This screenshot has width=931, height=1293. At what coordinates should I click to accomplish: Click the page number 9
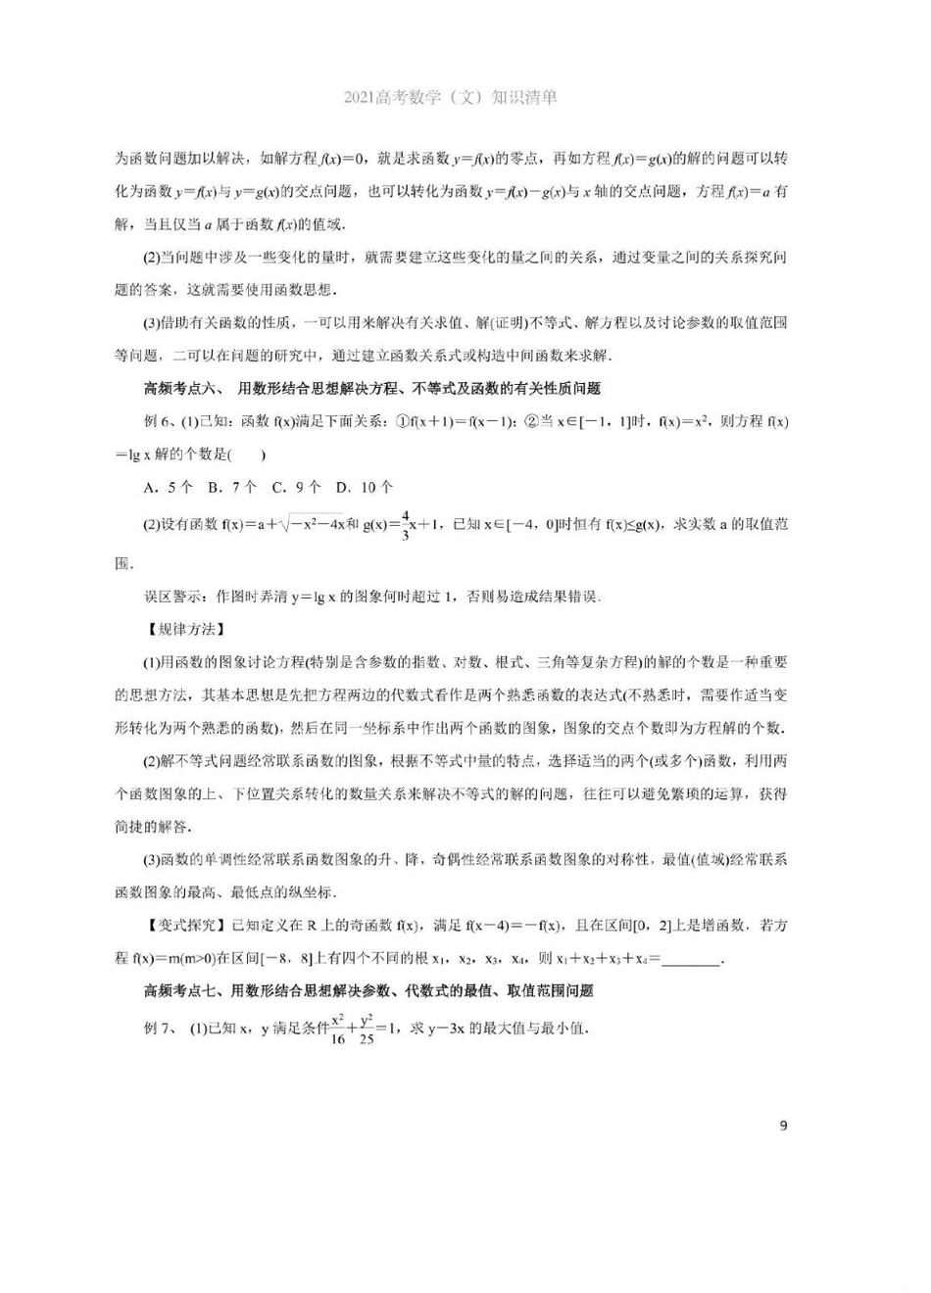(783, 1125)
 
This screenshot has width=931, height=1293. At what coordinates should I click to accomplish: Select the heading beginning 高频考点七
(368, 990)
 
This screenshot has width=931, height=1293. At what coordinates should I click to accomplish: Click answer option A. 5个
(168, 487)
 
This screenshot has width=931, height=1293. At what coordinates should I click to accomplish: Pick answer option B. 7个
(232, 487)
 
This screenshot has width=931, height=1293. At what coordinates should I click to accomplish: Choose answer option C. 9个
(296, 487)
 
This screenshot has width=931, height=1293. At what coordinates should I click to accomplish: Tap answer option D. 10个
(364, 487)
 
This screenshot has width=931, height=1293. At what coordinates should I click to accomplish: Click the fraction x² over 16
(338, 1029)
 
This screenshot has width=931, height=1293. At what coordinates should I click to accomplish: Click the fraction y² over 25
(367, 1029)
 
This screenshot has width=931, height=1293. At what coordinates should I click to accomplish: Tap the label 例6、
(161, 421)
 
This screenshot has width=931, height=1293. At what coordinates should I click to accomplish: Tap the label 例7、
(161, 1028)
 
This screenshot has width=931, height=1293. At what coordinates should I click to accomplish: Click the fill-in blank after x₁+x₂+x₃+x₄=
(691, 959)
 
